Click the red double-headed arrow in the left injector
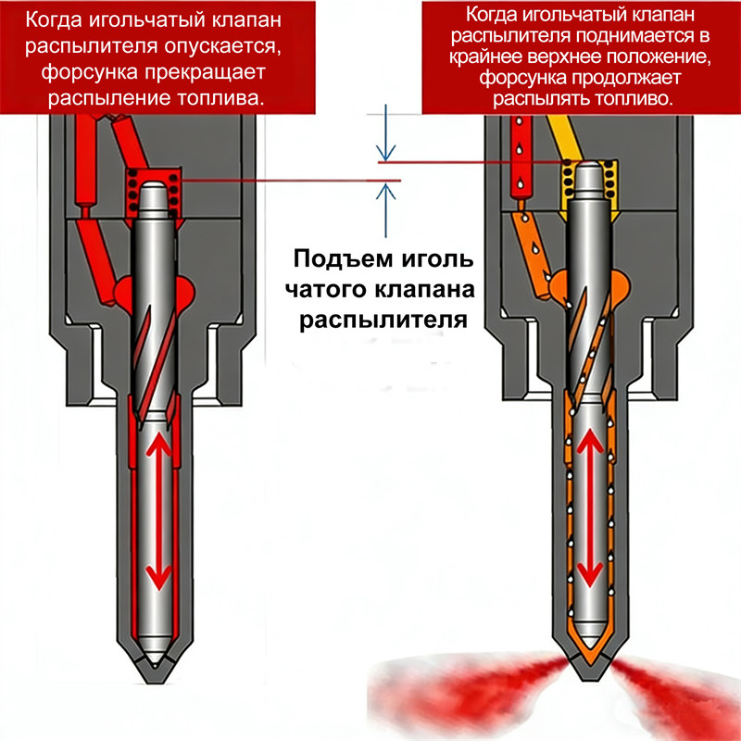159,511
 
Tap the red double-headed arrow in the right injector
588,511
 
